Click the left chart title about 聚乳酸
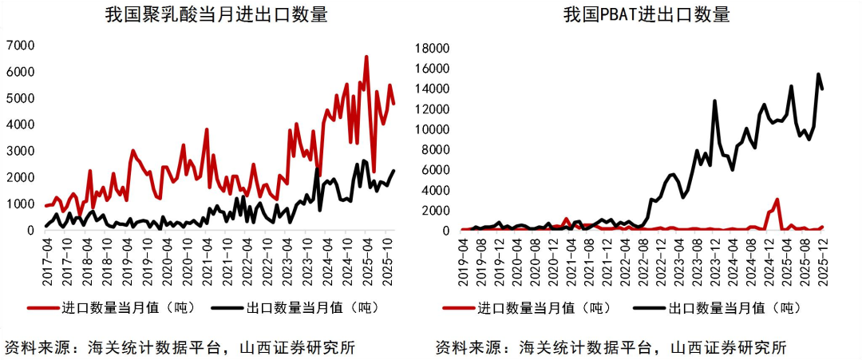pos(216,15)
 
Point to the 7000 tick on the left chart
pos(20,45)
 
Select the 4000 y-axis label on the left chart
pos(20,125)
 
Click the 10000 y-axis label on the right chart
pos(434,129)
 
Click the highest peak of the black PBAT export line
pos(818,75)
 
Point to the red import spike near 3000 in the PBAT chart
pos(777,200)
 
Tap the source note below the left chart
pos(180,348)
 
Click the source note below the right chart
pos(611,348)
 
